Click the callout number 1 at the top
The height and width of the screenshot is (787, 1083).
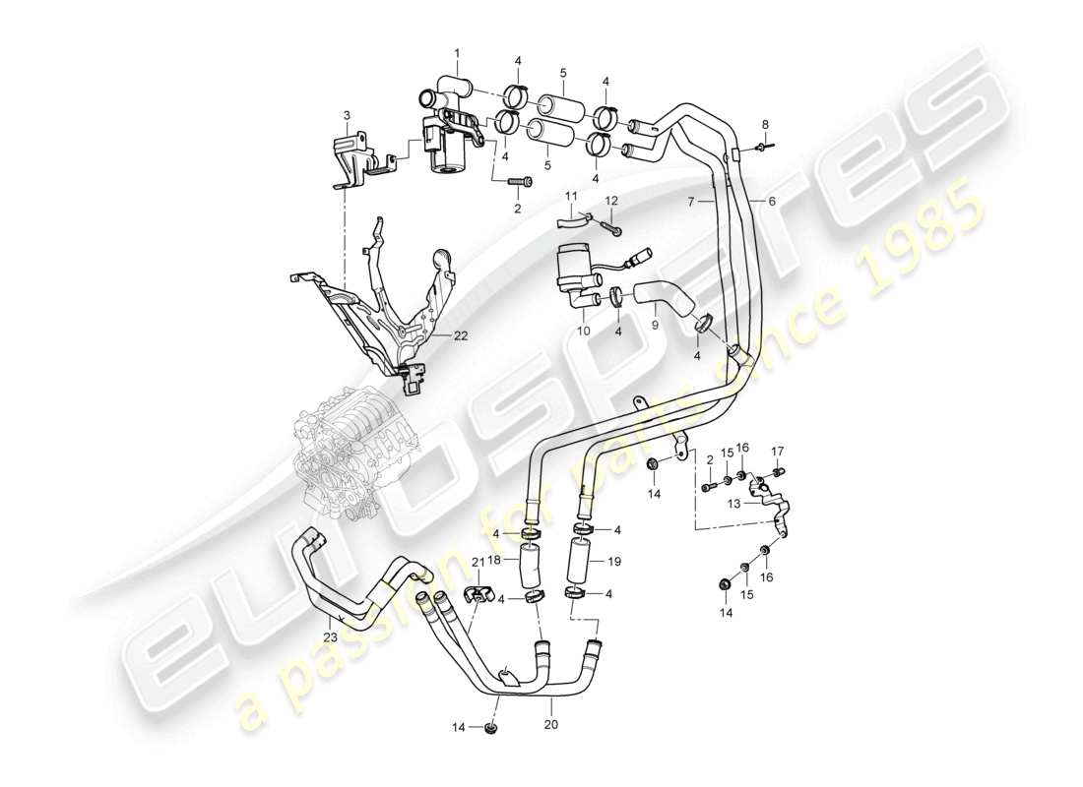pyautogui.click(x=456, y=51)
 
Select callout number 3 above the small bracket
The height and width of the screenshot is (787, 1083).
pyautogui.click(x=346, y=116)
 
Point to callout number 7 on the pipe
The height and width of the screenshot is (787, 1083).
pyautogui.click(x=692, y=201)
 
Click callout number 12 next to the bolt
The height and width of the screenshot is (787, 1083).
pyautogui.click(x=610, y=202)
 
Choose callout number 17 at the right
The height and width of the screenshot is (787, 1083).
pyautogui.click(x=777, y=452)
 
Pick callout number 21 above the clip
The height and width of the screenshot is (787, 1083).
pyautogui.click(x=477, y=561)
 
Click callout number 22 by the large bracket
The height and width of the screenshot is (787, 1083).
pyautogui.click(x=460, y=335)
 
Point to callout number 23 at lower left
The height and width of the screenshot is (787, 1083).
pyautogui.click(x=329, y=637)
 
